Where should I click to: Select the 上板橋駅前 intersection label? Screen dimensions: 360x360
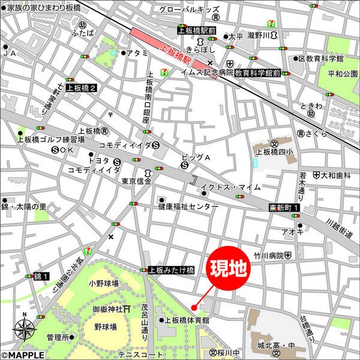click(196, 29)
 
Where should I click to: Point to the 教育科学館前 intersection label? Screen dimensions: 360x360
click(257, 73)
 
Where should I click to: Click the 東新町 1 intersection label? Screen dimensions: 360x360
click(284, 208)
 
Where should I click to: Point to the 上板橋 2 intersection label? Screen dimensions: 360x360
click(85, 88)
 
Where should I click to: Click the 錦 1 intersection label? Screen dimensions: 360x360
click(41, 275)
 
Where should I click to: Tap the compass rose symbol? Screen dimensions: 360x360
click(24, 328)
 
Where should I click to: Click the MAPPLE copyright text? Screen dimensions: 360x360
click(22, 355)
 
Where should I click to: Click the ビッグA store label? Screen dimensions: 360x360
click(196, 157)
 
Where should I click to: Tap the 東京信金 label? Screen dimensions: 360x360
click(137, 181)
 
